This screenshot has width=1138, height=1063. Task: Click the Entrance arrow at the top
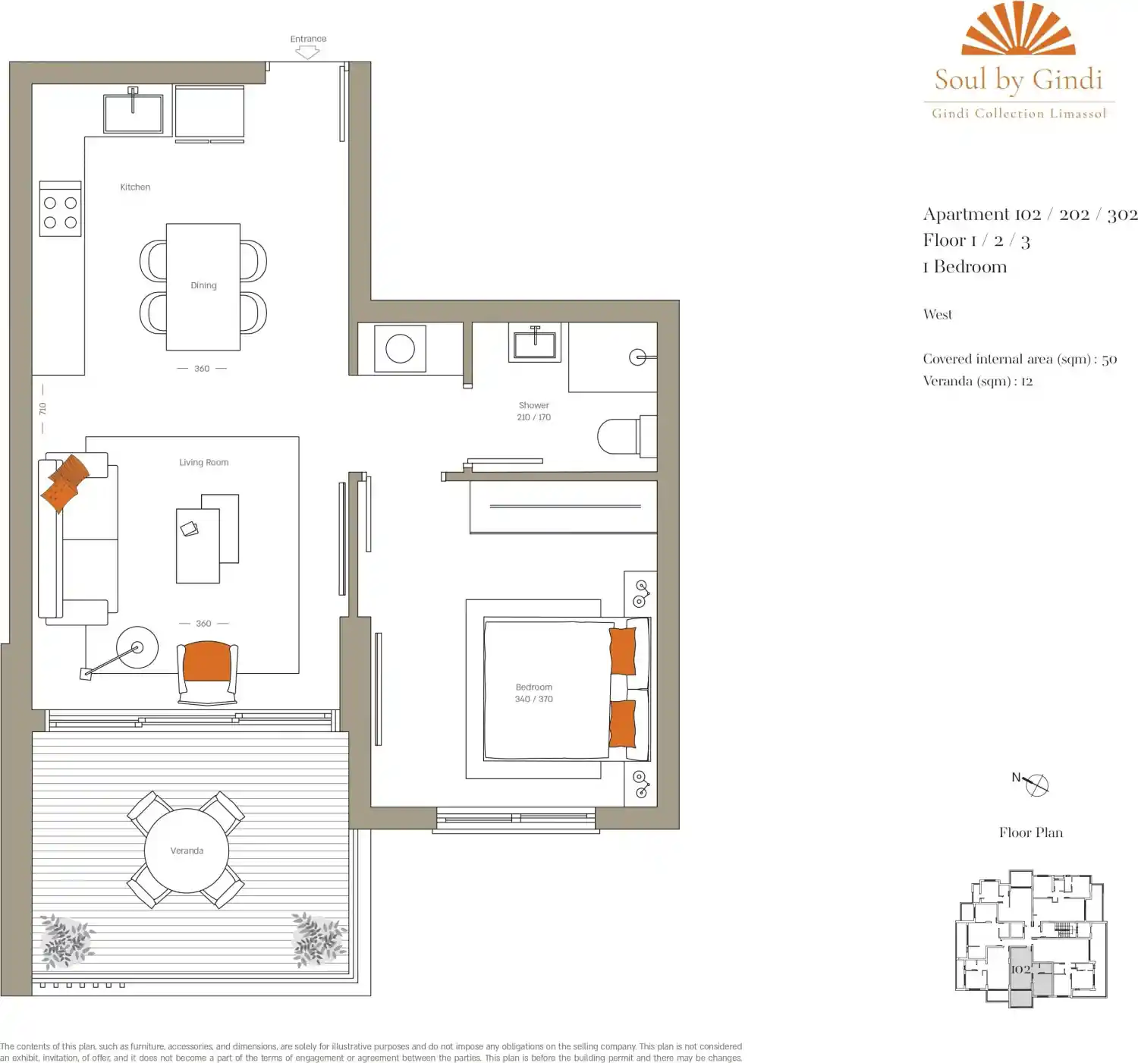[308, 53]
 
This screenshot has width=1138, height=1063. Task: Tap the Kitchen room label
[135, 187]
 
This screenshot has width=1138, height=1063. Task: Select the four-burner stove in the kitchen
[60, 209]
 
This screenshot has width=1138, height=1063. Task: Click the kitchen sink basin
[133, 113]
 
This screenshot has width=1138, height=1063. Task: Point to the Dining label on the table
[203, 285]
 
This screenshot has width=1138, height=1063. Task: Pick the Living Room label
[204, 462]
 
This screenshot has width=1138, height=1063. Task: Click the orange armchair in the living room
[207, 672]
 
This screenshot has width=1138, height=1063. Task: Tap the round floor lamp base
[137, 647]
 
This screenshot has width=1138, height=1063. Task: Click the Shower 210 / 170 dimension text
[533, 411]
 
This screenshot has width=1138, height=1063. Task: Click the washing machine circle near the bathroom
[400, 348]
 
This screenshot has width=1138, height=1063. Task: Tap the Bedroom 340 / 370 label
[533, 693]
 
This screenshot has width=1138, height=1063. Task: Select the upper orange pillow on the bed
[622, 651]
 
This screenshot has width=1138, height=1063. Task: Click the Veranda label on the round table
[187, 851]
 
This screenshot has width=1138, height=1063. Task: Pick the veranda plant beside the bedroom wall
[319, 939]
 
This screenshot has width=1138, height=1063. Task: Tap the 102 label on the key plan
[1020, 969]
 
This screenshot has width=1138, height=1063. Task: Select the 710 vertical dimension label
[42, 409]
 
